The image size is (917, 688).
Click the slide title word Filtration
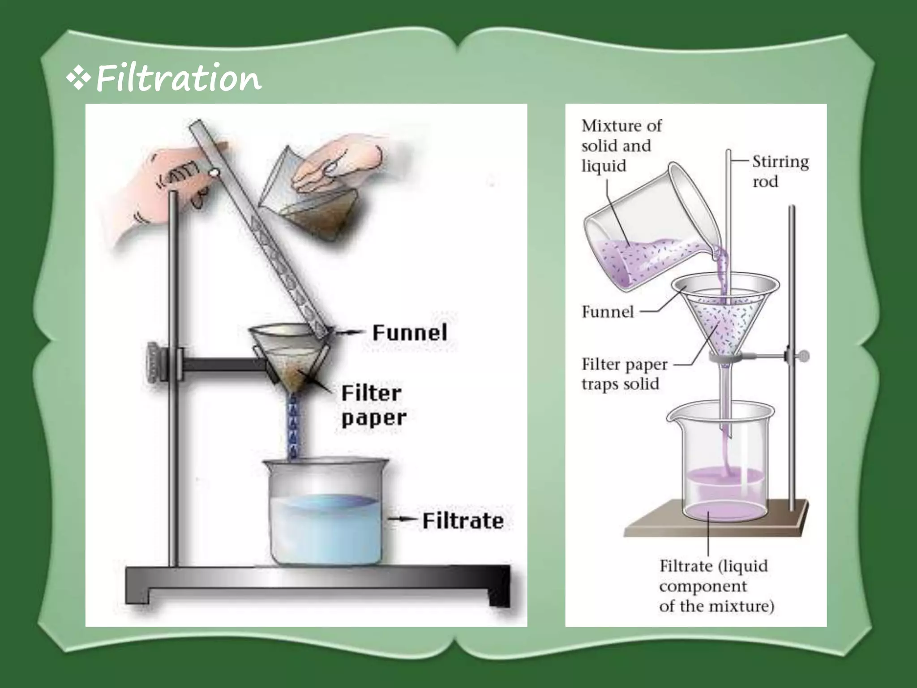tap(178, 79)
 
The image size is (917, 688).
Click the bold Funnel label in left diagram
tap(410, 333)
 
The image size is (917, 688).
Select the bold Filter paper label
tap(373, 405)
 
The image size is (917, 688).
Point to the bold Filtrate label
tap(463, 521)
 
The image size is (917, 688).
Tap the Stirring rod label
tap(780, 171)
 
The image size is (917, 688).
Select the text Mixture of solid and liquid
tap(621, 146)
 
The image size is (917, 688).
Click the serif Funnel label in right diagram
tap(608, 312)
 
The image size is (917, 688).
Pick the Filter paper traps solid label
tap(624, 374)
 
